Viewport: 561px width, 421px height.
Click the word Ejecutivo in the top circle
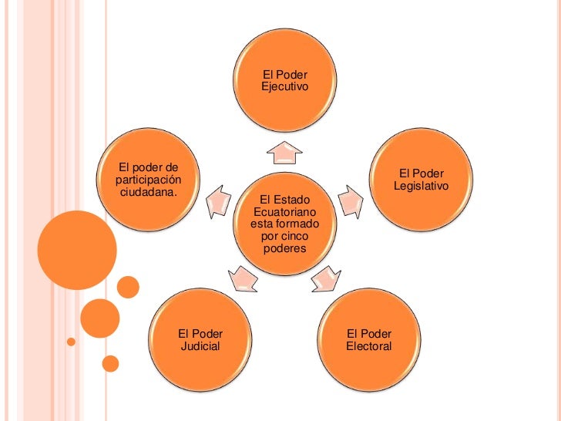(x=284, y=88)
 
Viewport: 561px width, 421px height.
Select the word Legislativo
(x=421, y=187)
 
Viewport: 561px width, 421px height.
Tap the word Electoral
(x=369, y=346)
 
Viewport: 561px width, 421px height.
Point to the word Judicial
(x=200, y=346)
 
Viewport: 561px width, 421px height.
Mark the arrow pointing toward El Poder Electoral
(x=325, y=278)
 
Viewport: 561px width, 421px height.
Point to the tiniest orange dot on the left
(x=71, y=340)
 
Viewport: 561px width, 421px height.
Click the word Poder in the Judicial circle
(x=207, y=334)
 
